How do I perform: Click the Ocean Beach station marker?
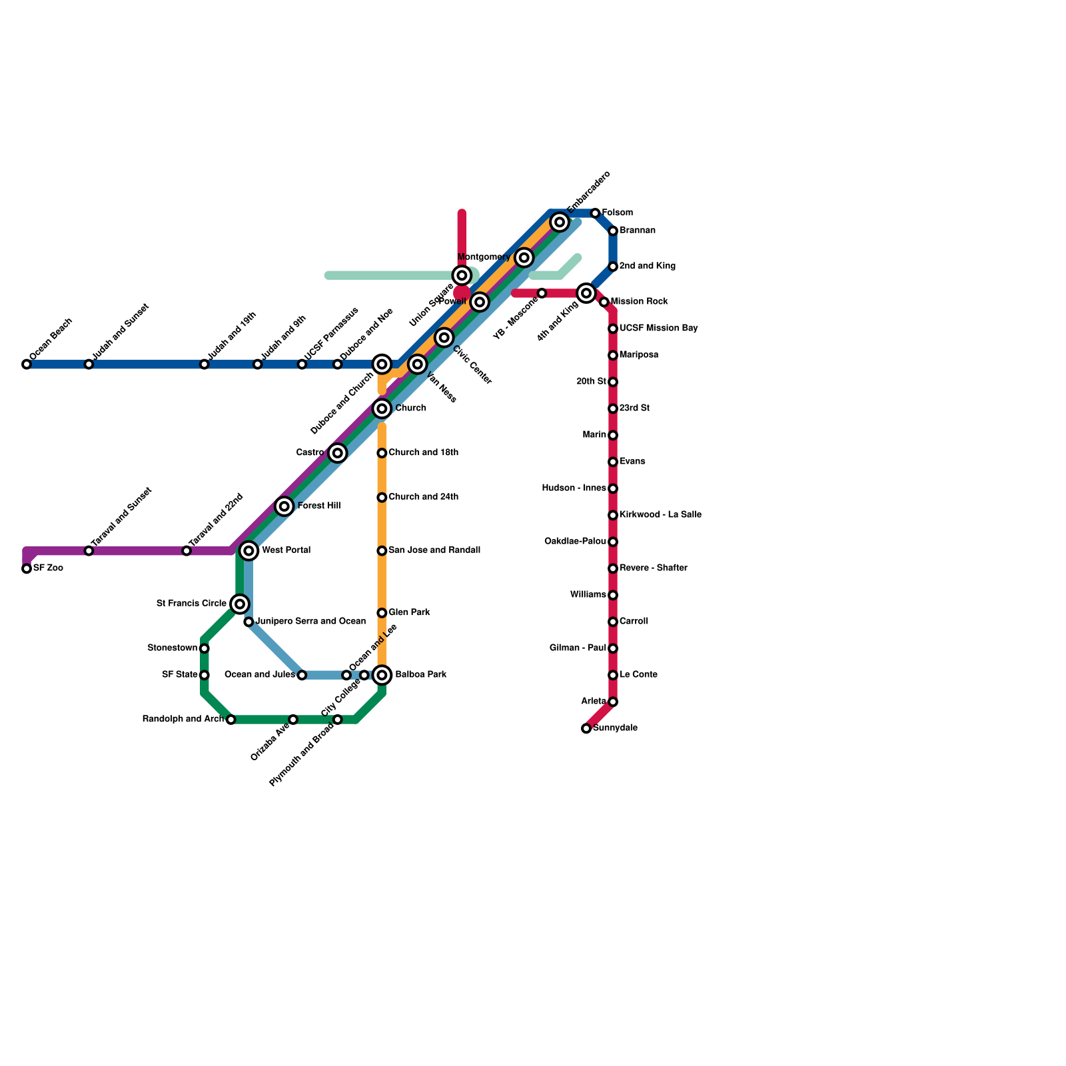point(27,364)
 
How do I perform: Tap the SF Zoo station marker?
point(27,568)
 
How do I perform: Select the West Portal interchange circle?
point(249,551)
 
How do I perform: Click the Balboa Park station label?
point(420,675)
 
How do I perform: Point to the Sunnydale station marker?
point(586,728)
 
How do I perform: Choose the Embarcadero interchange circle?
point(560,222)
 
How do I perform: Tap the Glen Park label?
point(409,612)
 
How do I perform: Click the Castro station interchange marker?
point(338,453)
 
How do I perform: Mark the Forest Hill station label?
point(318,506)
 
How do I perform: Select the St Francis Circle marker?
point(240,604)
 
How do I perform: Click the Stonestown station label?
point(173,648)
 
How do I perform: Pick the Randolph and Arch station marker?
point(231,720)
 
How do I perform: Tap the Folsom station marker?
point(595,213)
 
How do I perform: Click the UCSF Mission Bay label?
point(658,328)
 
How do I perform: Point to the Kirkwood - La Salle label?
point(660,515)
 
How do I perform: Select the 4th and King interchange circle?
point(586,293)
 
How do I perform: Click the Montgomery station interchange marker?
point(524,258)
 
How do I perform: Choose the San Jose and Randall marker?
point(382,551)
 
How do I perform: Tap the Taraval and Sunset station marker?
point(89,551)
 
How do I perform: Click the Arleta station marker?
point(613,702)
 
